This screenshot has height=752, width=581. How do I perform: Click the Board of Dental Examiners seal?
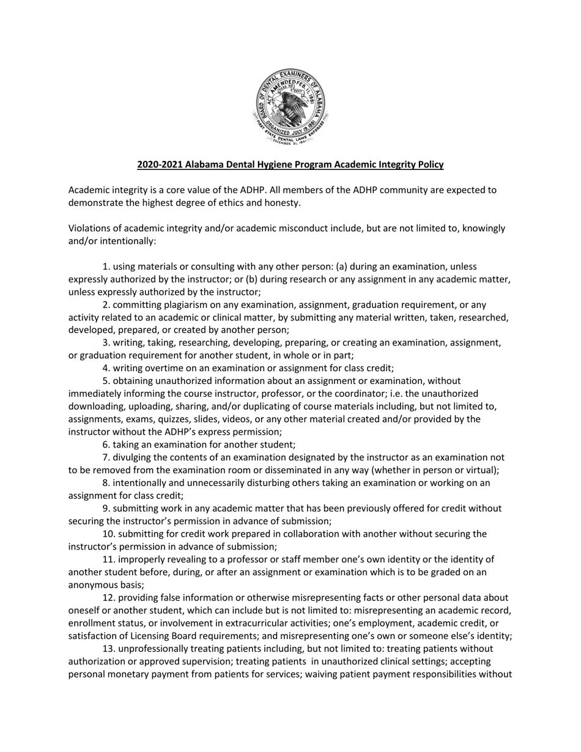tap(290, 106)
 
